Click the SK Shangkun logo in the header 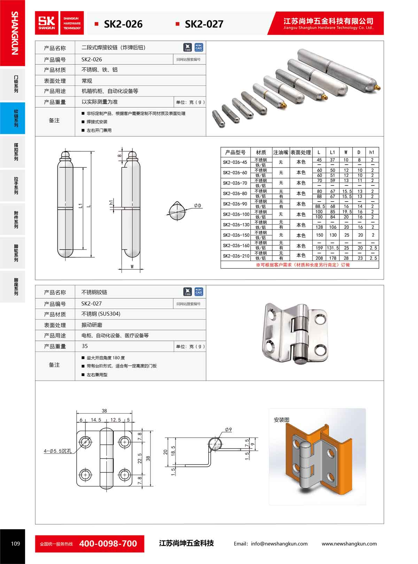(x=47, y=23)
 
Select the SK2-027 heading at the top (x=204, y=24)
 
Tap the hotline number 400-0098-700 (x=108, y=543)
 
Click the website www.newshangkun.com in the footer (x=349, y=543)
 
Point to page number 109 (x=16, y=543)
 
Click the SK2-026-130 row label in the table (x=236, y=225)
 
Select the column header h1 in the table (x=372, y=152)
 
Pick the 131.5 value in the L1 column (x=333, y=248)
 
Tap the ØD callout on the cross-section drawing (x=198, y=206)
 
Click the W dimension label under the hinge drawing (x=132, y=267)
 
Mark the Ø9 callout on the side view (x=228, y=430)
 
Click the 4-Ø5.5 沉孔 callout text (x=58, y=451)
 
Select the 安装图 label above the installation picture (x=281, y=420)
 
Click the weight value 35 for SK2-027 (x=85, y=346)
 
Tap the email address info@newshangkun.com (x=270, y=543)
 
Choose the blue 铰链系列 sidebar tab (x=16, y=118)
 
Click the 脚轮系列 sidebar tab (x=16, y=253)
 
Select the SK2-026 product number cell (x=92, y=60)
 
